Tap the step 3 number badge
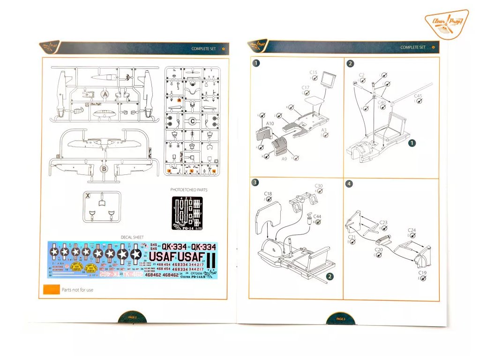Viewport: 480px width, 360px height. pos(255,183)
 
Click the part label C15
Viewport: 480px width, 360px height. pos(314,72)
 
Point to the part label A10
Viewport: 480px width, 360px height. pos(270,123)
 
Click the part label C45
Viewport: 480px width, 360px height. pos(418,96)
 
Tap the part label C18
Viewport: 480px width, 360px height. pos(268,193)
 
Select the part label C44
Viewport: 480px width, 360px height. pos(317,216)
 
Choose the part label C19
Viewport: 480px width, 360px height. pos(422,272)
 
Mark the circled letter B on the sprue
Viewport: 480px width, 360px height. pos(105,168)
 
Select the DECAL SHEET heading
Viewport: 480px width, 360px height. pos(133,238)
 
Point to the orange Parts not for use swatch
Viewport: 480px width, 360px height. pos(51,290)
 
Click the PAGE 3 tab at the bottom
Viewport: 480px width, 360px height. pos(341,319)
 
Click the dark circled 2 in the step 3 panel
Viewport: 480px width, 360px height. pos(330,277)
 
